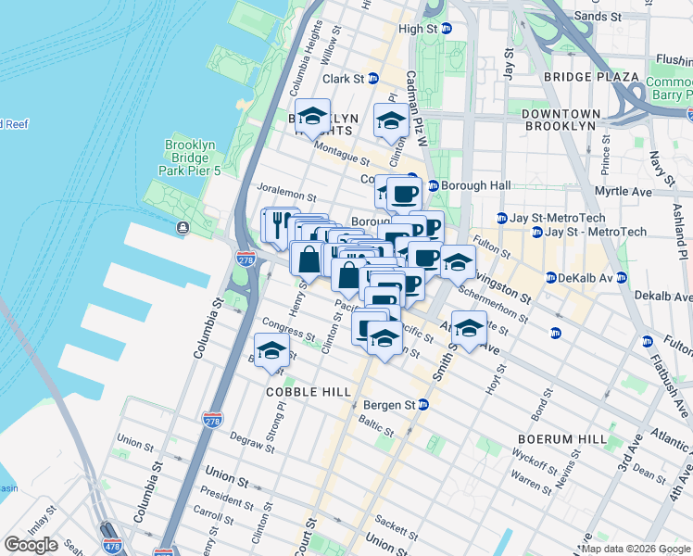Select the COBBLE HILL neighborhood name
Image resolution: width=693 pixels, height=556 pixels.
click(x=309, y=392)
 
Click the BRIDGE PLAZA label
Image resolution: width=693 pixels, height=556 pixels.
click(x=591, y=77)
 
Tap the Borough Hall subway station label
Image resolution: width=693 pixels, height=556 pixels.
click(x=475, y=185)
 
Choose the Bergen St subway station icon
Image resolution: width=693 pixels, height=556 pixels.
click(x=423, y=405)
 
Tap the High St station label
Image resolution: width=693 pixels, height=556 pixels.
click(x=417, y=29)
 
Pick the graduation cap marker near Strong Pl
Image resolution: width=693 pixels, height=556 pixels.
click(x=271, y=351)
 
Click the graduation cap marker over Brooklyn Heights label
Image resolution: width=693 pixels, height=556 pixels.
click(x=313, y=116)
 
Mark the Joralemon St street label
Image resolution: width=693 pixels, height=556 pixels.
click(x=287, y=197)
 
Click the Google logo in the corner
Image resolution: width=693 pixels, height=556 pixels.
click(x=31, y=545)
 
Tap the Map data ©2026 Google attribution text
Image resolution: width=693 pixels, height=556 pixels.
click(x=635, y=549)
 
